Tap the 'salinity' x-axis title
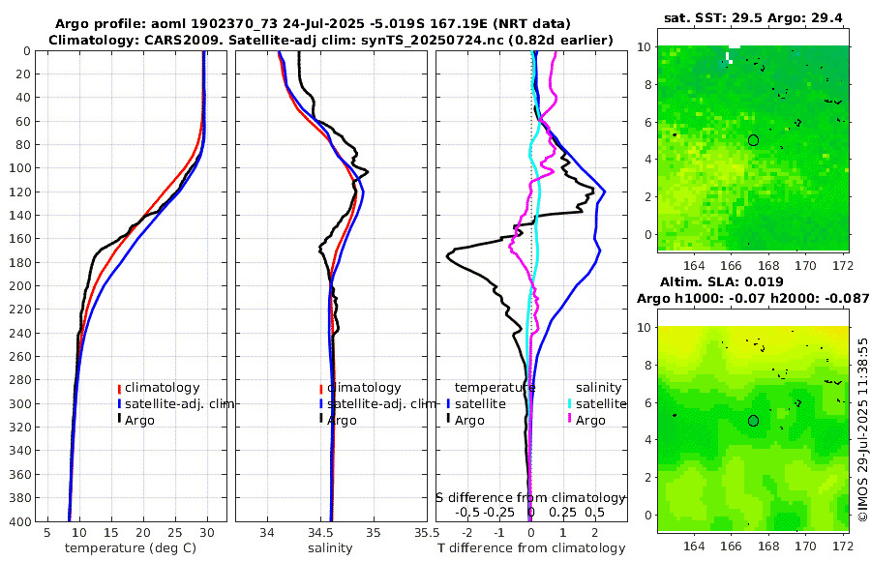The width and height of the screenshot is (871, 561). click(x=330, y=548)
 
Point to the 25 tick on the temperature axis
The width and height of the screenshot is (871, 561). click(x=174, y=532)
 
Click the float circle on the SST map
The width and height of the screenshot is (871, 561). click(x=753, y=140)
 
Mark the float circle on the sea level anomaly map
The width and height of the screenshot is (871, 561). click(x=753, y=421)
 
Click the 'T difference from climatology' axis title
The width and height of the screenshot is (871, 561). click(x=530, y=548)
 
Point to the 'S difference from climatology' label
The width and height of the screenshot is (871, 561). click(x=530, y=496)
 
